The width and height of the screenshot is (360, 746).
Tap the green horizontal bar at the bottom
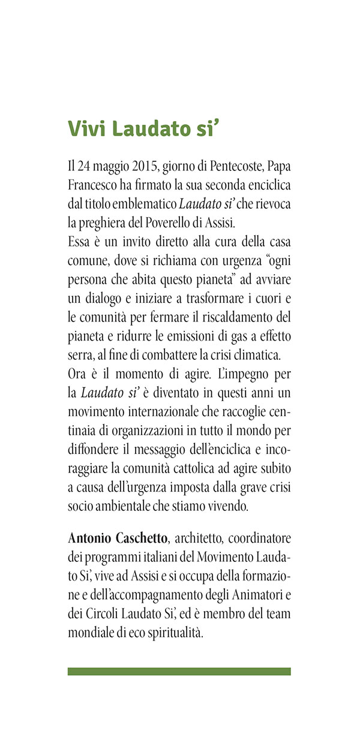[x=179, y=671]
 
